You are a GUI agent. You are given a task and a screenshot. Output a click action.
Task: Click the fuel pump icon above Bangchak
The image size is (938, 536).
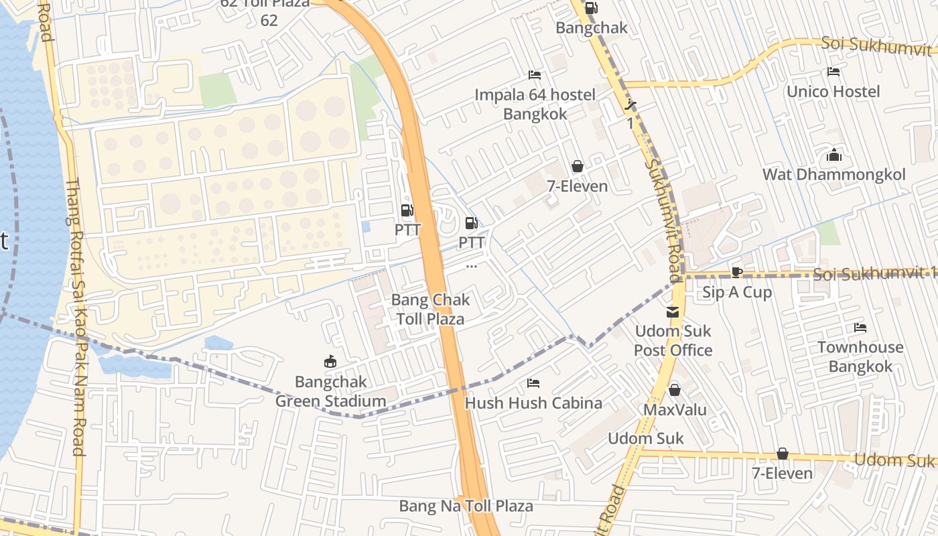point(591,9)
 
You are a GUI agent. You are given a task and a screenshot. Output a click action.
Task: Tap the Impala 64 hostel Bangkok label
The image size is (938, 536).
point(535,105)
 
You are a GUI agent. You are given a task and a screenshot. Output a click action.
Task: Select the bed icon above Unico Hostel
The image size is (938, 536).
point(833,72)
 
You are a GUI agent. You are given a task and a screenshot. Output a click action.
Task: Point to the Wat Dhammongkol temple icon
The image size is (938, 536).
point(834,155)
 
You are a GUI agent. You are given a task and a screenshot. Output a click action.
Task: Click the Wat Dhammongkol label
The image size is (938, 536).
point(833,175)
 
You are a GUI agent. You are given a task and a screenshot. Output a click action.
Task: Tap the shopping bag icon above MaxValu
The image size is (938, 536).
point(675,390)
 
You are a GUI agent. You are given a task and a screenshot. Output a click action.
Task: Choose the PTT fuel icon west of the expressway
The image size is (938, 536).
point(407,210)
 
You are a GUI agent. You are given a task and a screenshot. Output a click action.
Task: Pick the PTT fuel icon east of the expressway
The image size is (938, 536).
point(471,223)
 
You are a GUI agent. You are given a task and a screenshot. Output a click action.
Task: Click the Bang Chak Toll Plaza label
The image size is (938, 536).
point(430,309)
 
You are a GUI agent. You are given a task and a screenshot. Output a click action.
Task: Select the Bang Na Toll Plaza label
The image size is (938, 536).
point(466,506)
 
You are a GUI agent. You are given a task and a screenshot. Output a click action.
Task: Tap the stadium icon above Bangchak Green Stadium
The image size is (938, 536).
point(330,362)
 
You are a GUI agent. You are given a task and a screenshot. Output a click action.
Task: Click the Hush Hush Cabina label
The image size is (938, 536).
point(533,403)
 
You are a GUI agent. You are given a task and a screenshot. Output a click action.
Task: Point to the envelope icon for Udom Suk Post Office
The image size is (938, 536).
point(672,312)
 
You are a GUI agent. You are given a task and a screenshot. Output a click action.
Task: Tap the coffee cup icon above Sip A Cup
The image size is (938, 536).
point(736,272)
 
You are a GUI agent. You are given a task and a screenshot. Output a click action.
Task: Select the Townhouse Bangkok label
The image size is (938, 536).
point(860,357)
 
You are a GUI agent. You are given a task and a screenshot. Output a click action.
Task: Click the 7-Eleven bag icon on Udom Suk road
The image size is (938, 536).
point(782,454)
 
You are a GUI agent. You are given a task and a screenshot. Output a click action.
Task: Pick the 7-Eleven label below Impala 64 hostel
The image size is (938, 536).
point(577,186)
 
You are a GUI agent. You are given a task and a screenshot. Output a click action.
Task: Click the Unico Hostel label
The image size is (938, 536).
point(833,91)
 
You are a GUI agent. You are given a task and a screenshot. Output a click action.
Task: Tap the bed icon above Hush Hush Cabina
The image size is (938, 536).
point(533,383)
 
